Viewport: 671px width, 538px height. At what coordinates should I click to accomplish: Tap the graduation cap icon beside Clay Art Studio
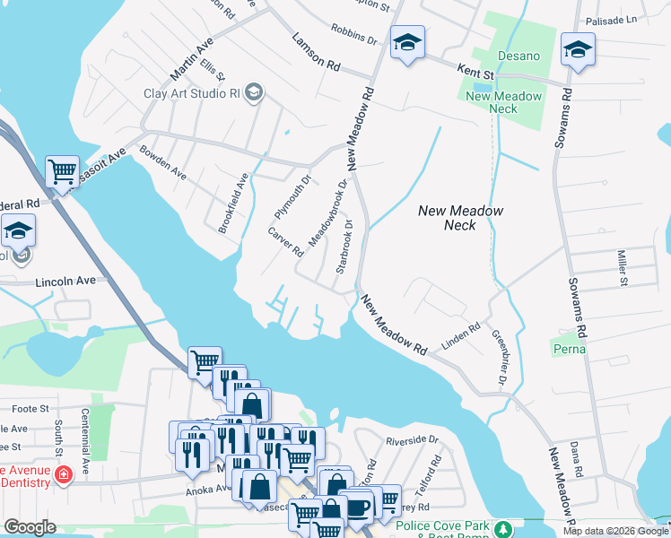coord(254,91)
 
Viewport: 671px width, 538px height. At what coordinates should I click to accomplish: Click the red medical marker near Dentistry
coord(63,474)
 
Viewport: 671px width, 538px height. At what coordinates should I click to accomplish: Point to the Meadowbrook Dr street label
coord(327,213)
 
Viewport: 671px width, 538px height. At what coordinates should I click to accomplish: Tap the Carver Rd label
coord(286,242)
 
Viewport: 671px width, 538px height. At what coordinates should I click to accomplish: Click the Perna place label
coord(569,348)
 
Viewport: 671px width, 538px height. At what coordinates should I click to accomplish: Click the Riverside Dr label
coord(411,440)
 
